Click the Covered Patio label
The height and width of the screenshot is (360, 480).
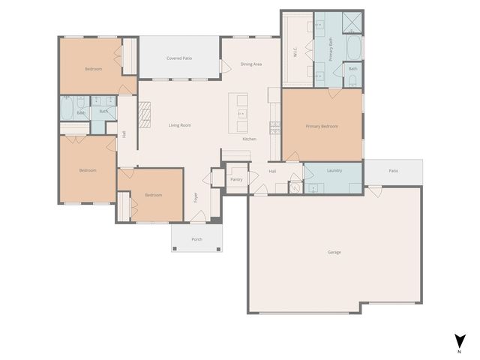178,58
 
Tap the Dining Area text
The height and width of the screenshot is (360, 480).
250,64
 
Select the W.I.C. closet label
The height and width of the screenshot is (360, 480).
295,52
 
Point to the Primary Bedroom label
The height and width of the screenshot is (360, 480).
322,126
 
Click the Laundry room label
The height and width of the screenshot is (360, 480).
334,170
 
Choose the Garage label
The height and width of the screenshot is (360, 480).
334,252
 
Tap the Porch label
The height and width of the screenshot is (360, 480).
196,239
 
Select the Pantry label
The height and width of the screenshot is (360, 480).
236,180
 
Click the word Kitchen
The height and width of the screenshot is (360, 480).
249,139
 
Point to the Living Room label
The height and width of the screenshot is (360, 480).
179,125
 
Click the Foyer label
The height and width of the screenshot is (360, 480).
196,198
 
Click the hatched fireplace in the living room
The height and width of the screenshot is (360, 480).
143,113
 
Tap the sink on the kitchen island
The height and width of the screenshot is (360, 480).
241,114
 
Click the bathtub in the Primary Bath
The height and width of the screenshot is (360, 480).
352,49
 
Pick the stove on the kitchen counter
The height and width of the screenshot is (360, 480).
274,127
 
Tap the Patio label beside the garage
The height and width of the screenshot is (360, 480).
393,171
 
